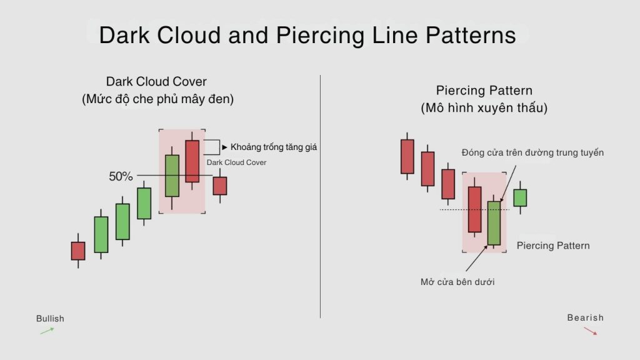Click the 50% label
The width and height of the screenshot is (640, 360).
click(121, 176)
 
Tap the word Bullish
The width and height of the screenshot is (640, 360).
click(50, 318)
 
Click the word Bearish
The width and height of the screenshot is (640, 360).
click(585, 317)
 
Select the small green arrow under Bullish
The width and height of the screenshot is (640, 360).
click(47, 331)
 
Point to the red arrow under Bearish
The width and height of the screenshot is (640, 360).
click(590, 331)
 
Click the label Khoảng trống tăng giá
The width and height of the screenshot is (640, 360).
click(274, 147)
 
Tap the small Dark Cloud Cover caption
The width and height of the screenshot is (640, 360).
click(236, 162)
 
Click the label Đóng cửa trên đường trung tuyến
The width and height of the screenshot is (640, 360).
click(532, 152)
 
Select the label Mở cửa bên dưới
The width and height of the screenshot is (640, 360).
click(457, 282)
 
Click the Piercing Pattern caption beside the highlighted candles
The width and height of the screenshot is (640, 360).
click(553, 246)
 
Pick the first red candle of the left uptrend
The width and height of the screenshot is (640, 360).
click(78, 251)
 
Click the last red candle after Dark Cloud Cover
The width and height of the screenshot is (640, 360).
click(220, 186)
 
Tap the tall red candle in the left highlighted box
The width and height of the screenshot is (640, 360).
click(192, 161)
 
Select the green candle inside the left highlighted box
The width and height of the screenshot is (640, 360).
click(172, 176)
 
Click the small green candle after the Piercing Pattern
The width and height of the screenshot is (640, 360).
click(520, 198)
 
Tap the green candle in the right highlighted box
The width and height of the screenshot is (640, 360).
click(494, 223)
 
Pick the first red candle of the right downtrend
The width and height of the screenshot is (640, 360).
click(407, 156)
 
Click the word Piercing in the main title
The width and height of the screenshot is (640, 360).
click(320, 35)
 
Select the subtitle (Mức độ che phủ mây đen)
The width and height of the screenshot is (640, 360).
click(157, 99)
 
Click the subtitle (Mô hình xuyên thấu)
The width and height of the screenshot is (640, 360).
click(484, 108)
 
